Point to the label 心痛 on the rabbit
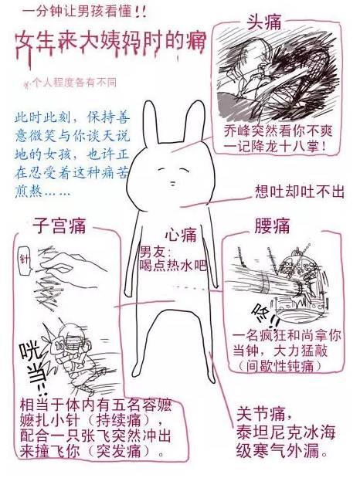pos(182,234)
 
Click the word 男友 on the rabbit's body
pos(153,251)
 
